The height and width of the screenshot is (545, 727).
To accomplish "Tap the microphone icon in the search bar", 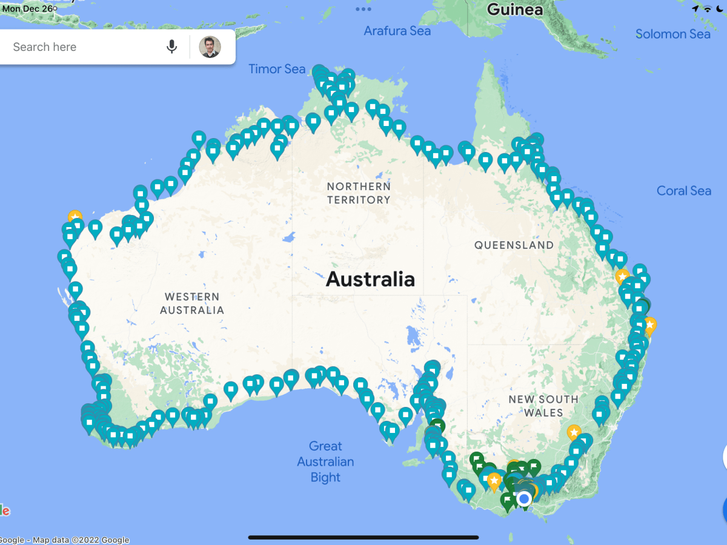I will point(172,47).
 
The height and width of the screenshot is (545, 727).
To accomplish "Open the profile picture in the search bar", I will point(210,47).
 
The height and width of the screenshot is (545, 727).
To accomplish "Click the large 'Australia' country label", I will point(370,279).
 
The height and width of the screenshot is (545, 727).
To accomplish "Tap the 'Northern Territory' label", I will point(359,193).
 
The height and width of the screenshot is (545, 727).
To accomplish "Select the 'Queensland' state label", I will point(514,245).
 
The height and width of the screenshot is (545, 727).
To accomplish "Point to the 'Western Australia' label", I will point(192,303).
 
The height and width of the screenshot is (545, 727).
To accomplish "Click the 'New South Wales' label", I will point(543,406).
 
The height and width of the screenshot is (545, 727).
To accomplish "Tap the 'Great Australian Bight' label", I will point(325,461).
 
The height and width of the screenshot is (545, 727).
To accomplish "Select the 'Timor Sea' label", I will point(277,69).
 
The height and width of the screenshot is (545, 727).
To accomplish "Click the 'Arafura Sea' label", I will point(397,31).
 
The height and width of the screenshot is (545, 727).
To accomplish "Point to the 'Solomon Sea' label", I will point(672,34).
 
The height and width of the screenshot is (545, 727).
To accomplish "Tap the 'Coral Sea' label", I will point(683,191).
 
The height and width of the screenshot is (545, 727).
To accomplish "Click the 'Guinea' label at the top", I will point(515,10).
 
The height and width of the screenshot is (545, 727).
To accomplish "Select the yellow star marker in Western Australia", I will point(75,216).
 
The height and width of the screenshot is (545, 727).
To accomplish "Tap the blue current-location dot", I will point(524,498).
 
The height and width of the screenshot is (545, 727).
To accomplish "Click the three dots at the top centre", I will point(363,9).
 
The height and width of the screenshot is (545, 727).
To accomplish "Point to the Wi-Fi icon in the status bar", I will point(707,9).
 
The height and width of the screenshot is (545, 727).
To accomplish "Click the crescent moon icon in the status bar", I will point(720,9).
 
